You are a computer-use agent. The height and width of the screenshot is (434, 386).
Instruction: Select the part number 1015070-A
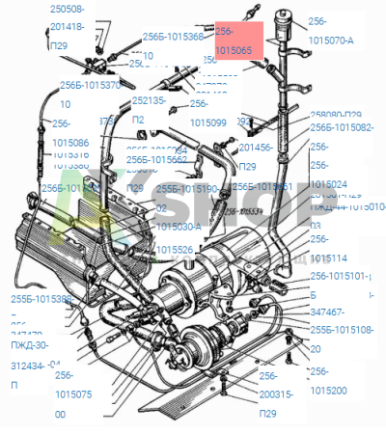coord(331,41)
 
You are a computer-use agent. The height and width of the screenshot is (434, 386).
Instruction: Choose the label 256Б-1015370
coord(90,85)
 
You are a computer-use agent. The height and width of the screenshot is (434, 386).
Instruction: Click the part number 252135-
coord(153,99)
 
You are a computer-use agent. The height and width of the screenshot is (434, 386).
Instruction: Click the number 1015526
coord(175,250)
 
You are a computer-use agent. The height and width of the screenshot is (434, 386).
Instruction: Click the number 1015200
coord(329,391)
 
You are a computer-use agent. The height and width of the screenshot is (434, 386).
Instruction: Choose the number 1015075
coord(73,394)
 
